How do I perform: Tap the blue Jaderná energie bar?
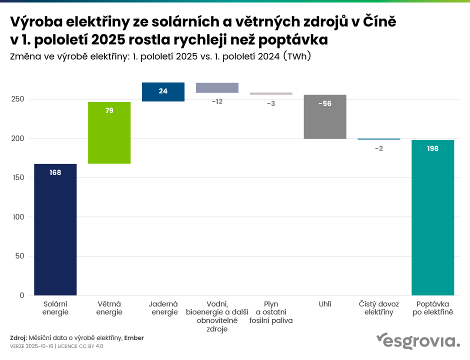tap(163, 92)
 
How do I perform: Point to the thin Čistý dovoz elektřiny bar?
tap(379, 139)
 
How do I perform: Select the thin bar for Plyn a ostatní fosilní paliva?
tap(271, 93)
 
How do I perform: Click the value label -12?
tap(217, 101)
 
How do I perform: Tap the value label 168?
tap(55, 172)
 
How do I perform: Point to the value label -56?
tap(325, 103)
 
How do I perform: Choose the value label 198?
tap(432, 148)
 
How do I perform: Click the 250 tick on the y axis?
tap(18, 99)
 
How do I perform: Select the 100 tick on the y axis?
tap(18, 217)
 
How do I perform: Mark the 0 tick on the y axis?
tap(22, 295)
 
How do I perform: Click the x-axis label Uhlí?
tap(325, 304)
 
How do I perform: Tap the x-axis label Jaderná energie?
tap(163, 308)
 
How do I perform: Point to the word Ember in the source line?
tap(134, 338)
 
